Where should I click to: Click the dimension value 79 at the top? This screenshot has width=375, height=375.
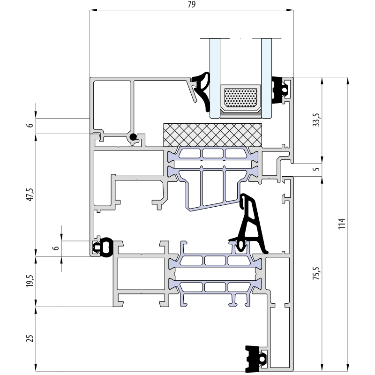(x=192, y=5)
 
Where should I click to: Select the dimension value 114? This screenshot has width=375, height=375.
(x=342, y=224)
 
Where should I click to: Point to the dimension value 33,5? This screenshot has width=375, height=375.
(x=316, y=120)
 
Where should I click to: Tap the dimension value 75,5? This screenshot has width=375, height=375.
(x=316, y=273)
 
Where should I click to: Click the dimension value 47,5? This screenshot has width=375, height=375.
(x=30, y=195)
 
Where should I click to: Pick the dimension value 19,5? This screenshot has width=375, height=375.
(x=30, y=281)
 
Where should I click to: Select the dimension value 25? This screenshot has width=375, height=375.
(x=30, y=338)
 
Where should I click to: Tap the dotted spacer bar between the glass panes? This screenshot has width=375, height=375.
(x=240, y=98)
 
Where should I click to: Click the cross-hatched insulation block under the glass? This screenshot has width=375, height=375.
(x=213, y=135)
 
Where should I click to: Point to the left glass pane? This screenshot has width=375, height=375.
(x=215, y=78)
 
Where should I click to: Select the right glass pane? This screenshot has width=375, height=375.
(x=266, y=78)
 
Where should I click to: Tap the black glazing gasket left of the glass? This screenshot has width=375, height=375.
(x=202, y=90)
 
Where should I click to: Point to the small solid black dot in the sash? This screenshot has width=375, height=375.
(x=133, y=137)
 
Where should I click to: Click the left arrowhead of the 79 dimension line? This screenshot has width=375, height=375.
(x=93, y=10)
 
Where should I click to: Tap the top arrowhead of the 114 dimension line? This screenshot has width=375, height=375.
(x=348, y=81)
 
